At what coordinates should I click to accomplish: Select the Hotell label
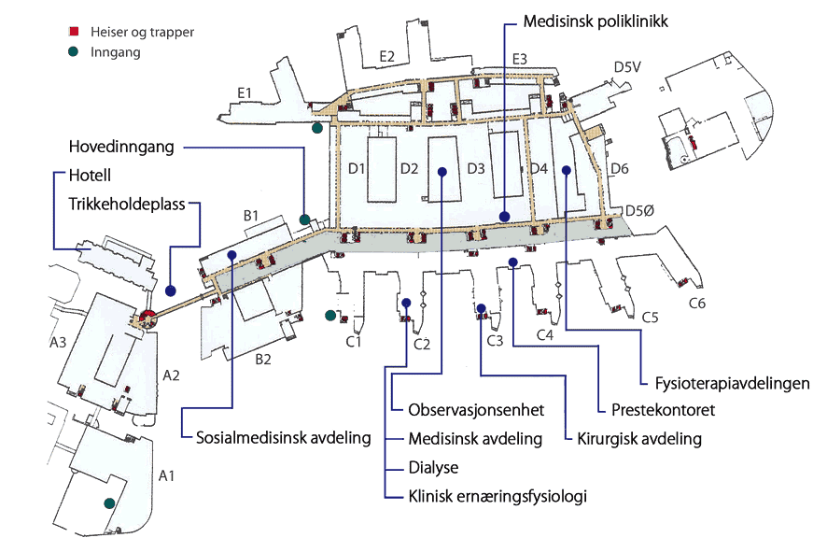click(x=90, y=176)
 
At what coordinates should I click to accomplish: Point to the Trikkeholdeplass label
click(x=127, y=203)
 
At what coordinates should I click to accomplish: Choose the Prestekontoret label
click(x=664, y=410)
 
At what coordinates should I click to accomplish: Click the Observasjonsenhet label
click(x=476, y=411)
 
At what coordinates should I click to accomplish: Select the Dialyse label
click(x=434, y=467)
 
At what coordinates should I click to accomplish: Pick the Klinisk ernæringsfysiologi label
click(x=498, y=496)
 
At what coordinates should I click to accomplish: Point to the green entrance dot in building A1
click(x=110, y=503)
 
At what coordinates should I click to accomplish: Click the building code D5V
click(x=627, y=67)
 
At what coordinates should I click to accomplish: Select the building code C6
click(x=696, y=303)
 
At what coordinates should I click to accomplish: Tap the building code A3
click(x=58, y=344)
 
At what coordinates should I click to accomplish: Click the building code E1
click(x=245, y=92)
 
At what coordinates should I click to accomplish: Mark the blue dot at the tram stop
click(x=171, y=290)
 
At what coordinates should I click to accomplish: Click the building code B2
click(x=265, y=359)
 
